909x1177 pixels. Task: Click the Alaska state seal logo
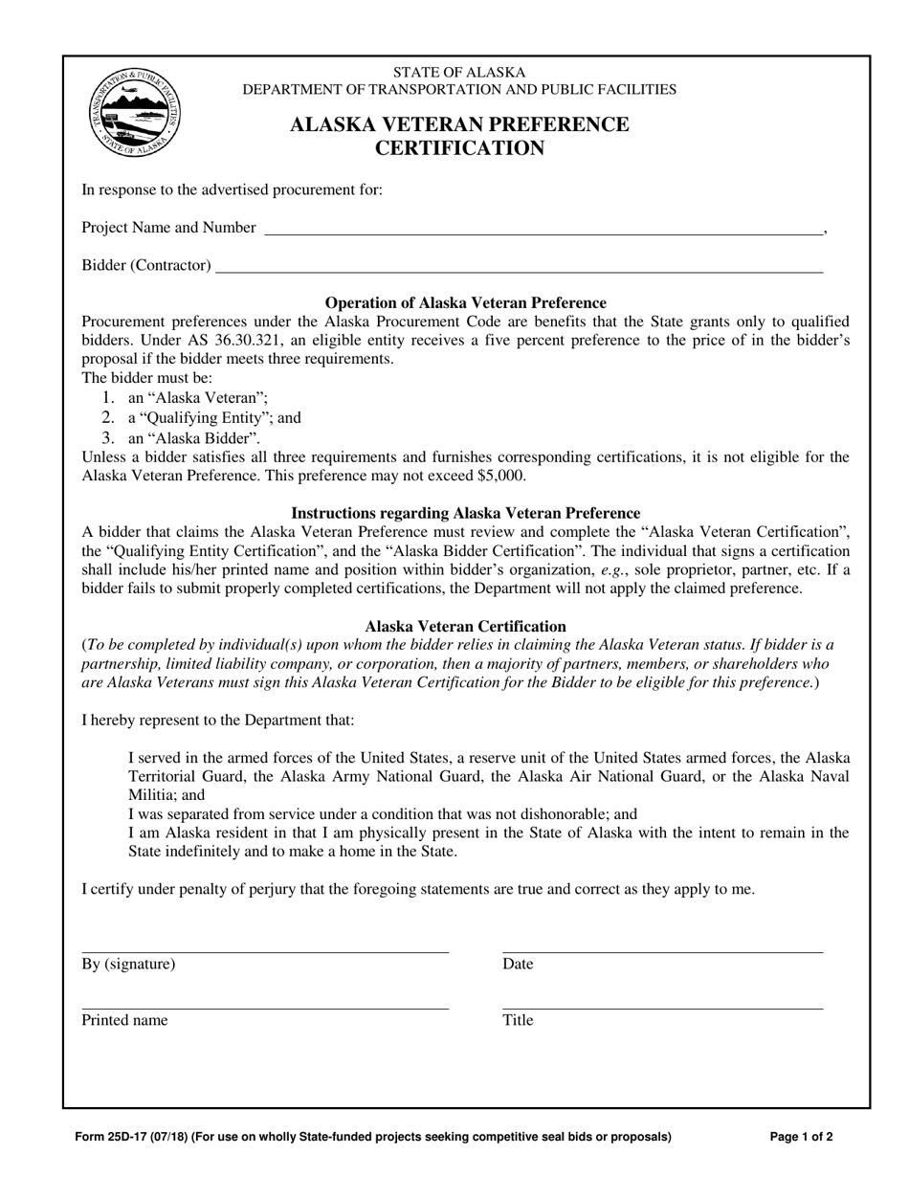[x=134, y=113]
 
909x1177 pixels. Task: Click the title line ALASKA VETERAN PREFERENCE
[x=459, y=124]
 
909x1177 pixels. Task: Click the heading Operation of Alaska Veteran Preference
[x=466, y=302]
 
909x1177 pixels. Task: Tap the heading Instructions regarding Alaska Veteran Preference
[x=466, y=513]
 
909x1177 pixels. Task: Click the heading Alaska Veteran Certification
[x=466, y=627]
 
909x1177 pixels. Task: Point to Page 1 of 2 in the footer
[x=801, y=1138]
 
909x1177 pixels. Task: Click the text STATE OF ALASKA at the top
[x=459, y=72]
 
